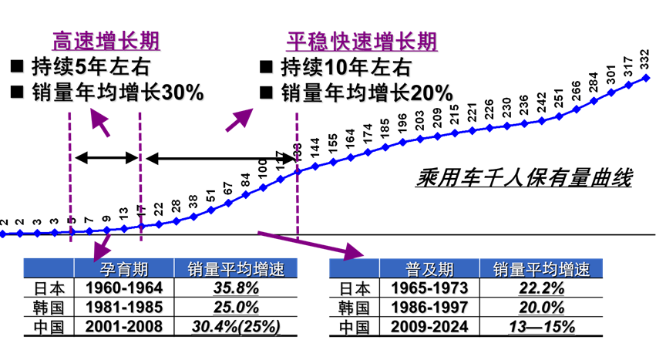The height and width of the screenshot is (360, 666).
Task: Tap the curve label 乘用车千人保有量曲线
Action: tap(524, 180)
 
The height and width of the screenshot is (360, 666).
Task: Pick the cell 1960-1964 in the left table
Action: tap(126, 288)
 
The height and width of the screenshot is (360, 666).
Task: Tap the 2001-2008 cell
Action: tap(126, 325)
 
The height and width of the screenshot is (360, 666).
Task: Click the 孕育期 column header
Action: tap(125, 270)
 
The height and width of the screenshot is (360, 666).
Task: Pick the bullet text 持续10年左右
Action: tap(346, 67)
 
